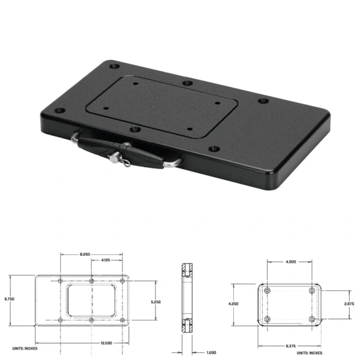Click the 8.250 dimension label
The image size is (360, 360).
coord(85,255)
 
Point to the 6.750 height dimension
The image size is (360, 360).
coord(8,298)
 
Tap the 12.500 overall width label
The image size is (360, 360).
coord(89,342)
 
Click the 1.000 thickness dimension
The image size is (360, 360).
coord(211,352)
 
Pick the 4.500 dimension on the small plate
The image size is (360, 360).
coord(289,262)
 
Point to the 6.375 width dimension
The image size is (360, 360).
coord(289,346)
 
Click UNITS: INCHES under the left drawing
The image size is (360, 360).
coord(23,349)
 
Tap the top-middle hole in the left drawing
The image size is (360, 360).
coord(91,281)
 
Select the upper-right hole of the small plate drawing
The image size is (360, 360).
coord(312,291)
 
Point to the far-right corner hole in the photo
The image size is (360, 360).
coord(263,101)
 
